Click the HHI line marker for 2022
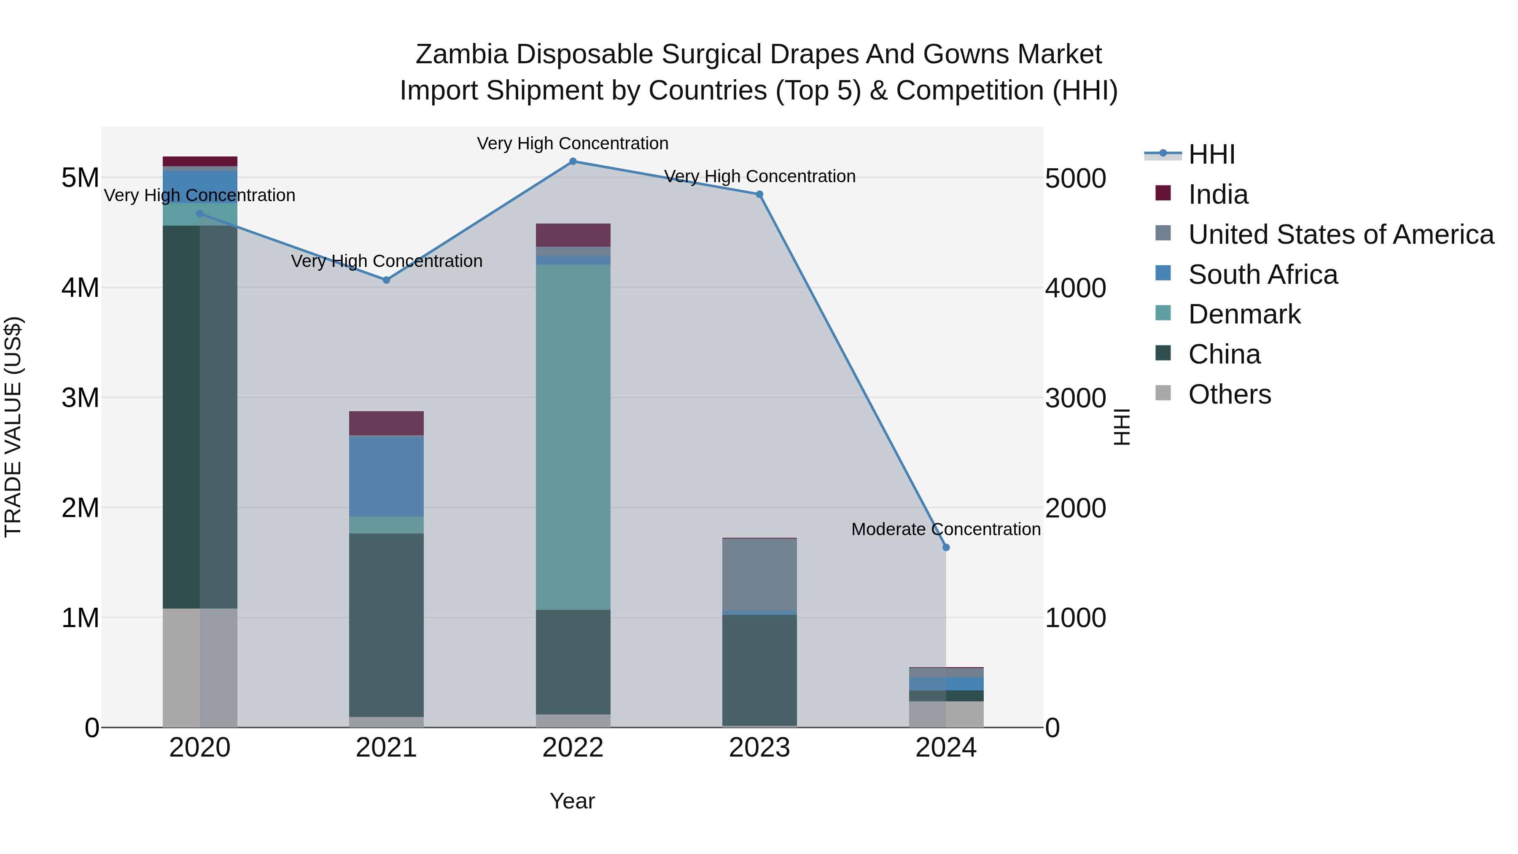[573, 162]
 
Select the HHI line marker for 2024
[946, 547]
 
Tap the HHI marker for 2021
[387, 280]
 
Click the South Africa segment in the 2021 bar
[387, 476]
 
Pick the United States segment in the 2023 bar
[759, 575]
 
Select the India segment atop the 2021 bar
[387, 423]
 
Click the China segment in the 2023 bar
[759, 670]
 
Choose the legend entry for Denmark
[1244, 314]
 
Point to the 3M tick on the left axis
[80, 398]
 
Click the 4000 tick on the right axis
[1075, 288]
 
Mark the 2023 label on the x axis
[759, 748]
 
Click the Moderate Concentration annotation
[946, 529]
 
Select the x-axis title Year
[572, 801]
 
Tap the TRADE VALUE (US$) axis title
[13, 427]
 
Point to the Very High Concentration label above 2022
[573, 143]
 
